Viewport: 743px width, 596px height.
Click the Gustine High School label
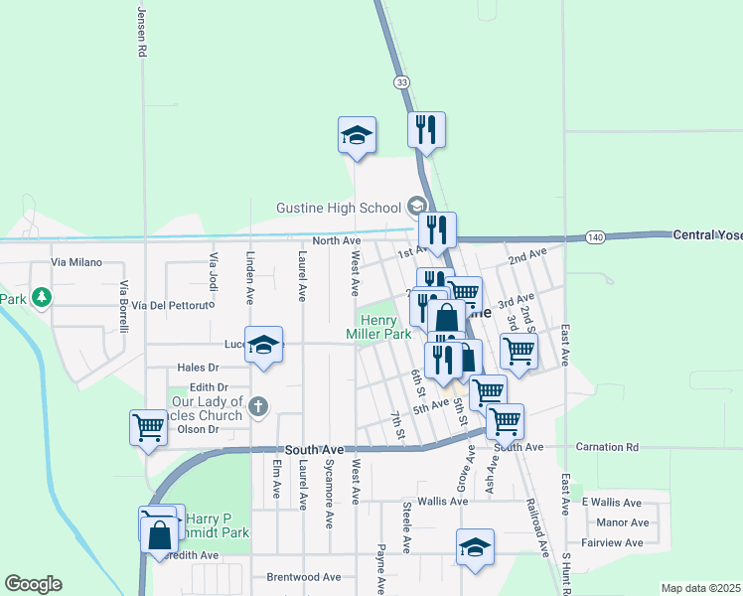click(338, 207)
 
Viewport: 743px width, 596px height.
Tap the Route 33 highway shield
click(400, 81)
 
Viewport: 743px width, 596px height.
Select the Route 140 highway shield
click(595, 237)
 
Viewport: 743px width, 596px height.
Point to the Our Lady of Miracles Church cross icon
click(257, 404)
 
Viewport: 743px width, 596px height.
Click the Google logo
click(33, 584)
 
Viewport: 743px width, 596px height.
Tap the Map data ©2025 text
click(700, 588)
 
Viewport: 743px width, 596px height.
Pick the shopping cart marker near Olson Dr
click(148, 428)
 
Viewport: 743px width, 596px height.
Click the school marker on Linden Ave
click(263, 345)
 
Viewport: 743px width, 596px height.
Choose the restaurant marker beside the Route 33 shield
click(426, 129)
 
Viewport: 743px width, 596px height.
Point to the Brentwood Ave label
click(303, 576)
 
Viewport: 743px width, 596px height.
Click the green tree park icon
click(41, 297)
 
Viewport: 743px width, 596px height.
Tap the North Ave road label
click(336, 240)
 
